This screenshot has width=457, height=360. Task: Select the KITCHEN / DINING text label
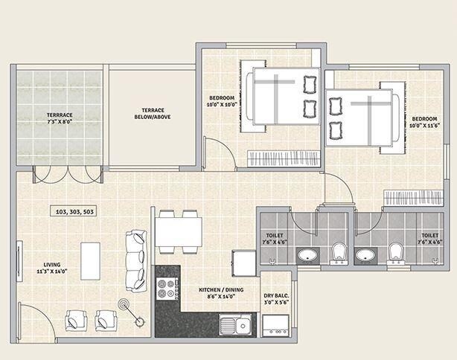[x=217, y=292]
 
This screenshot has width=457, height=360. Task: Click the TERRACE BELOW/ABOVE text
[x=153, y=113]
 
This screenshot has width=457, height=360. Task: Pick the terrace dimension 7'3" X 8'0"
[x=59, y=120]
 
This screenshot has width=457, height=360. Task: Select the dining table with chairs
[x=178, y=231]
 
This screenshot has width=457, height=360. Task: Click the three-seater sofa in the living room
[x=136, y=260]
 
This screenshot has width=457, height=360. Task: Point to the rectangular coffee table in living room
[x=91, y=260]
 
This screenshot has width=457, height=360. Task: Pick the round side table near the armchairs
[x=124, y=306]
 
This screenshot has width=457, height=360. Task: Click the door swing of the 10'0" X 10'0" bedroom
[x=221, y=154]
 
